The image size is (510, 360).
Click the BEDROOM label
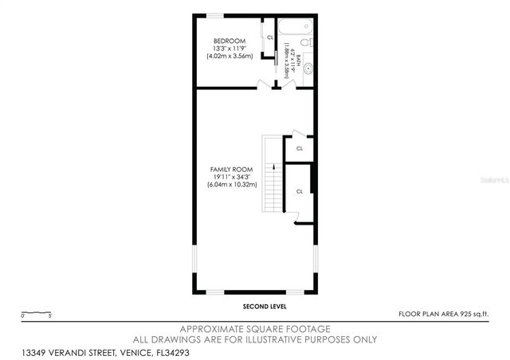229,41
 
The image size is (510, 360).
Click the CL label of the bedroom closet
270,37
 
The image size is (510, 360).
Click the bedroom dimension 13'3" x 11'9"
229,49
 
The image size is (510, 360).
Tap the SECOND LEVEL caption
265,306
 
